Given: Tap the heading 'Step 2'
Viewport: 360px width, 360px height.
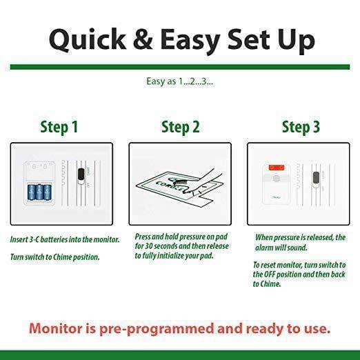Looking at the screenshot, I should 180,128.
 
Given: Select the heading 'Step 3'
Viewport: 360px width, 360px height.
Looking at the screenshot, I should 301,128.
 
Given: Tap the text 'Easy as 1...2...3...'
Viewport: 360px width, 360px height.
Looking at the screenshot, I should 179,81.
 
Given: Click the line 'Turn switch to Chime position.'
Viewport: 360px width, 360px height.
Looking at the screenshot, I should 54,257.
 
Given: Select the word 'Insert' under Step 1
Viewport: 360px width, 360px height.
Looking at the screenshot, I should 20,239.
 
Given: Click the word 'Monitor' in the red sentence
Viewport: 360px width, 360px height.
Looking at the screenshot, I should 63,328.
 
